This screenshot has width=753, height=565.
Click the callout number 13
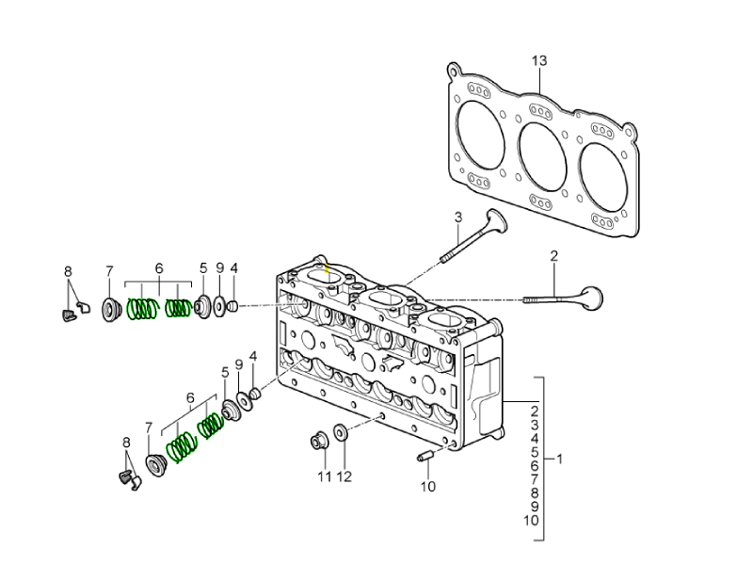click(538, 61)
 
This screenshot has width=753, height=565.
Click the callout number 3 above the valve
click(457, 218)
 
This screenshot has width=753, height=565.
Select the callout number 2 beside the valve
click(554, 255)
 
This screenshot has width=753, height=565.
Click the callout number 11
click(323, 476)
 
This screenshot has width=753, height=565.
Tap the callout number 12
click(344, 476)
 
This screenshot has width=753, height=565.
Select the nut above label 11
click(318, 441)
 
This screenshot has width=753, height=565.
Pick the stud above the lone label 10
click(424, 458)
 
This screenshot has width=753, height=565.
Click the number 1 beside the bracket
click(559, 460)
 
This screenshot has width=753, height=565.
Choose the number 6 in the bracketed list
click(534, 466)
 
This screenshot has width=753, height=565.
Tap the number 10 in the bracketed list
click(531, 520)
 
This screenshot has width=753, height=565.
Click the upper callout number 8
click(68, 272)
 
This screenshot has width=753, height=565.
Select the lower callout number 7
click(148, 428)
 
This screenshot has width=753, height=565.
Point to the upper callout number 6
click(159, 267)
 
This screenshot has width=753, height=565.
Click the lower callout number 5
click(224, 373)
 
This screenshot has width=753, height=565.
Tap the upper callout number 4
click(233, 267)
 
